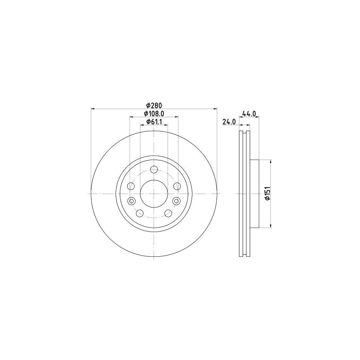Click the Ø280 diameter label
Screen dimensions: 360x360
(x=154, y=105)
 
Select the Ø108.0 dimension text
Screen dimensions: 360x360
(x=154, y=114)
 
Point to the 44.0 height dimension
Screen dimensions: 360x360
(x=249, y=114)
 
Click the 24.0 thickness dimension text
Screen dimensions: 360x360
(x=228, y=122)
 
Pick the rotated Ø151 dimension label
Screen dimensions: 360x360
(x=267, y=194)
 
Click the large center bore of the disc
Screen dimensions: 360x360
(x=154, y=194)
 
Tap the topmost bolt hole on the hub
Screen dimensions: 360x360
(x=154, y=169)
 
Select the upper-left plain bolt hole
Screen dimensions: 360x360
(x=131, y=186)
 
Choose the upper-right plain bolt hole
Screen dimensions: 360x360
(x=177, y=186)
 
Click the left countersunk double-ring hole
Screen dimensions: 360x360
(x=131, y=201)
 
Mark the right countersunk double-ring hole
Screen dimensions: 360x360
(x=177, y=201)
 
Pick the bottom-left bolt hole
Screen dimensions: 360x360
(x=140, y=213)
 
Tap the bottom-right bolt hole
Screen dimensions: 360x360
(x=168, y=213)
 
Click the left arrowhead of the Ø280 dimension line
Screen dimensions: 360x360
(x=94, y=108)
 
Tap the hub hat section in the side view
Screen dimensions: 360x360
(x=254, y=194)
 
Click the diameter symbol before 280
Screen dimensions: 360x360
(x=148, y=105)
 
